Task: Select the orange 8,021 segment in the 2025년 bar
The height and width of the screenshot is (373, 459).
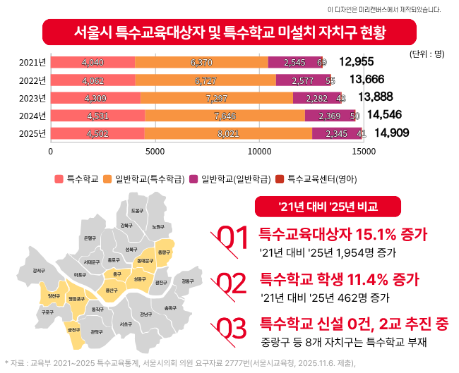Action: [228, 133]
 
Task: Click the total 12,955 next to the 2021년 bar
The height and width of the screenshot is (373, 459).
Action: [357, 62]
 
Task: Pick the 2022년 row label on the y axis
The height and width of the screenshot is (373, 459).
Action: [32, 80]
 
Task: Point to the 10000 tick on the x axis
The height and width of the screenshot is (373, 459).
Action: [259, 150]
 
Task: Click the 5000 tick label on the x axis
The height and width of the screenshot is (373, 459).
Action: [155, 150]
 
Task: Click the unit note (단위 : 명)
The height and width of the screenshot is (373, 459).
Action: [427, 54]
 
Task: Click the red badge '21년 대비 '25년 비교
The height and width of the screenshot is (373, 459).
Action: [328, 206]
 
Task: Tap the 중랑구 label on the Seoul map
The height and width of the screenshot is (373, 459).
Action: [164, 252]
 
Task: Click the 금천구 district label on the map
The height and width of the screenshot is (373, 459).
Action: [73, 330]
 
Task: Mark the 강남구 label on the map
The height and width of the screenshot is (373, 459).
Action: [146, 314]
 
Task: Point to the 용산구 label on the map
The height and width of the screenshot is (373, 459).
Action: [111, 290]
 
